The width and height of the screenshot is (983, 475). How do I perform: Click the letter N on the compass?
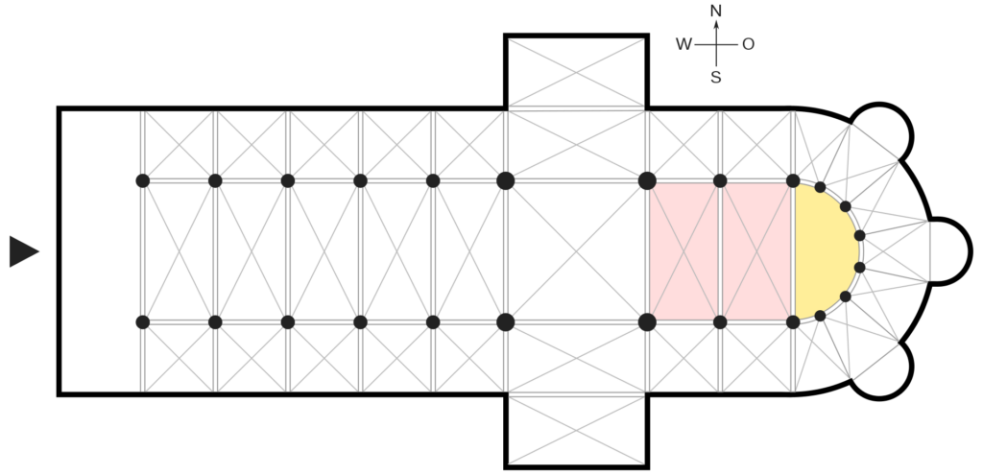point(715,11)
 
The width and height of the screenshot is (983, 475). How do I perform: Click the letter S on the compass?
point(716,78)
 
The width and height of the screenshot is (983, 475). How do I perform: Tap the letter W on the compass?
point(683,43)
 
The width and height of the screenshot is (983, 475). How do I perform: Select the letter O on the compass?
point(748,43)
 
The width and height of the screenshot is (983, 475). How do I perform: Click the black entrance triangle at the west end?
point(23,250)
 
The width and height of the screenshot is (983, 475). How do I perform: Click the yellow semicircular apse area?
point(825,250)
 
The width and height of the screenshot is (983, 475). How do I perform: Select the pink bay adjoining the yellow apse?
point(757,250)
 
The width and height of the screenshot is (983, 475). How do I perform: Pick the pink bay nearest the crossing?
point(683,250)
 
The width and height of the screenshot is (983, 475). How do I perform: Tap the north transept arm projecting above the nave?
point(576,73)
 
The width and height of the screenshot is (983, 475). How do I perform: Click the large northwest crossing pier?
point(506,180)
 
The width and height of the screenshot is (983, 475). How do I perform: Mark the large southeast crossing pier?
point(647,321)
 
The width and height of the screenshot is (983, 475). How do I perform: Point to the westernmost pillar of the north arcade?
point(143,180)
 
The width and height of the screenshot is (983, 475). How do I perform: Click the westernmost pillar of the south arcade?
point(143,321)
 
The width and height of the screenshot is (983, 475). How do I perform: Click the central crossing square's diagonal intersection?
point(576,251)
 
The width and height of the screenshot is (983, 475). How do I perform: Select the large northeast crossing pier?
point(647,180)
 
